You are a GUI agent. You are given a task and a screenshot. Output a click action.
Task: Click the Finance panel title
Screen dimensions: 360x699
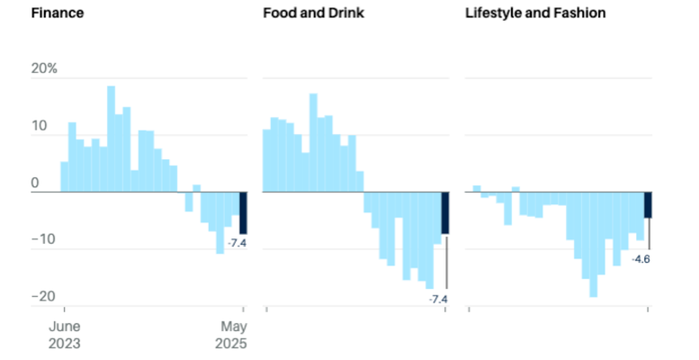pos(58,13)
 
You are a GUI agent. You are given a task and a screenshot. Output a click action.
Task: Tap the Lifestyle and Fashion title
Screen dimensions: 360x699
pos(535,13)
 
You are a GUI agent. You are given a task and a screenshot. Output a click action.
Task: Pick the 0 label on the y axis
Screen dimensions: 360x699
pos(35,183)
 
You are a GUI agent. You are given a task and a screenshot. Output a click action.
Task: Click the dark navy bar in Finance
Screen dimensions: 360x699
pos(243,212)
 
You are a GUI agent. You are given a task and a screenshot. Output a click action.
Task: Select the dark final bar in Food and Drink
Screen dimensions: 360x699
pos(445,212)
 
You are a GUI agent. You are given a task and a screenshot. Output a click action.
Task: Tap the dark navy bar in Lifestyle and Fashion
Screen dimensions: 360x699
pos(648,204)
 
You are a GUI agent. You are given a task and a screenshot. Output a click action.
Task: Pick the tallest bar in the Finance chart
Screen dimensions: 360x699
pos(111,139)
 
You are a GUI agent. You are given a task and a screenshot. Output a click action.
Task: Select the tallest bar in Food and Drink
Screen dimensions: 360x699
pos(313,142)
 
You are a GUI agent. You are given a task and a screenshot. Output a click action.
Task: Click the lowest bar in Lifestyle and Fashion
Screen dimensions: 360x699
pos(593,244)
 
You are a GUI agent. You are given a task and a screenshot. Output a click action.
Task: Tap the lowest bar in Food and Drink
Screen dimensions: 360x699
pos(430,239)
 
